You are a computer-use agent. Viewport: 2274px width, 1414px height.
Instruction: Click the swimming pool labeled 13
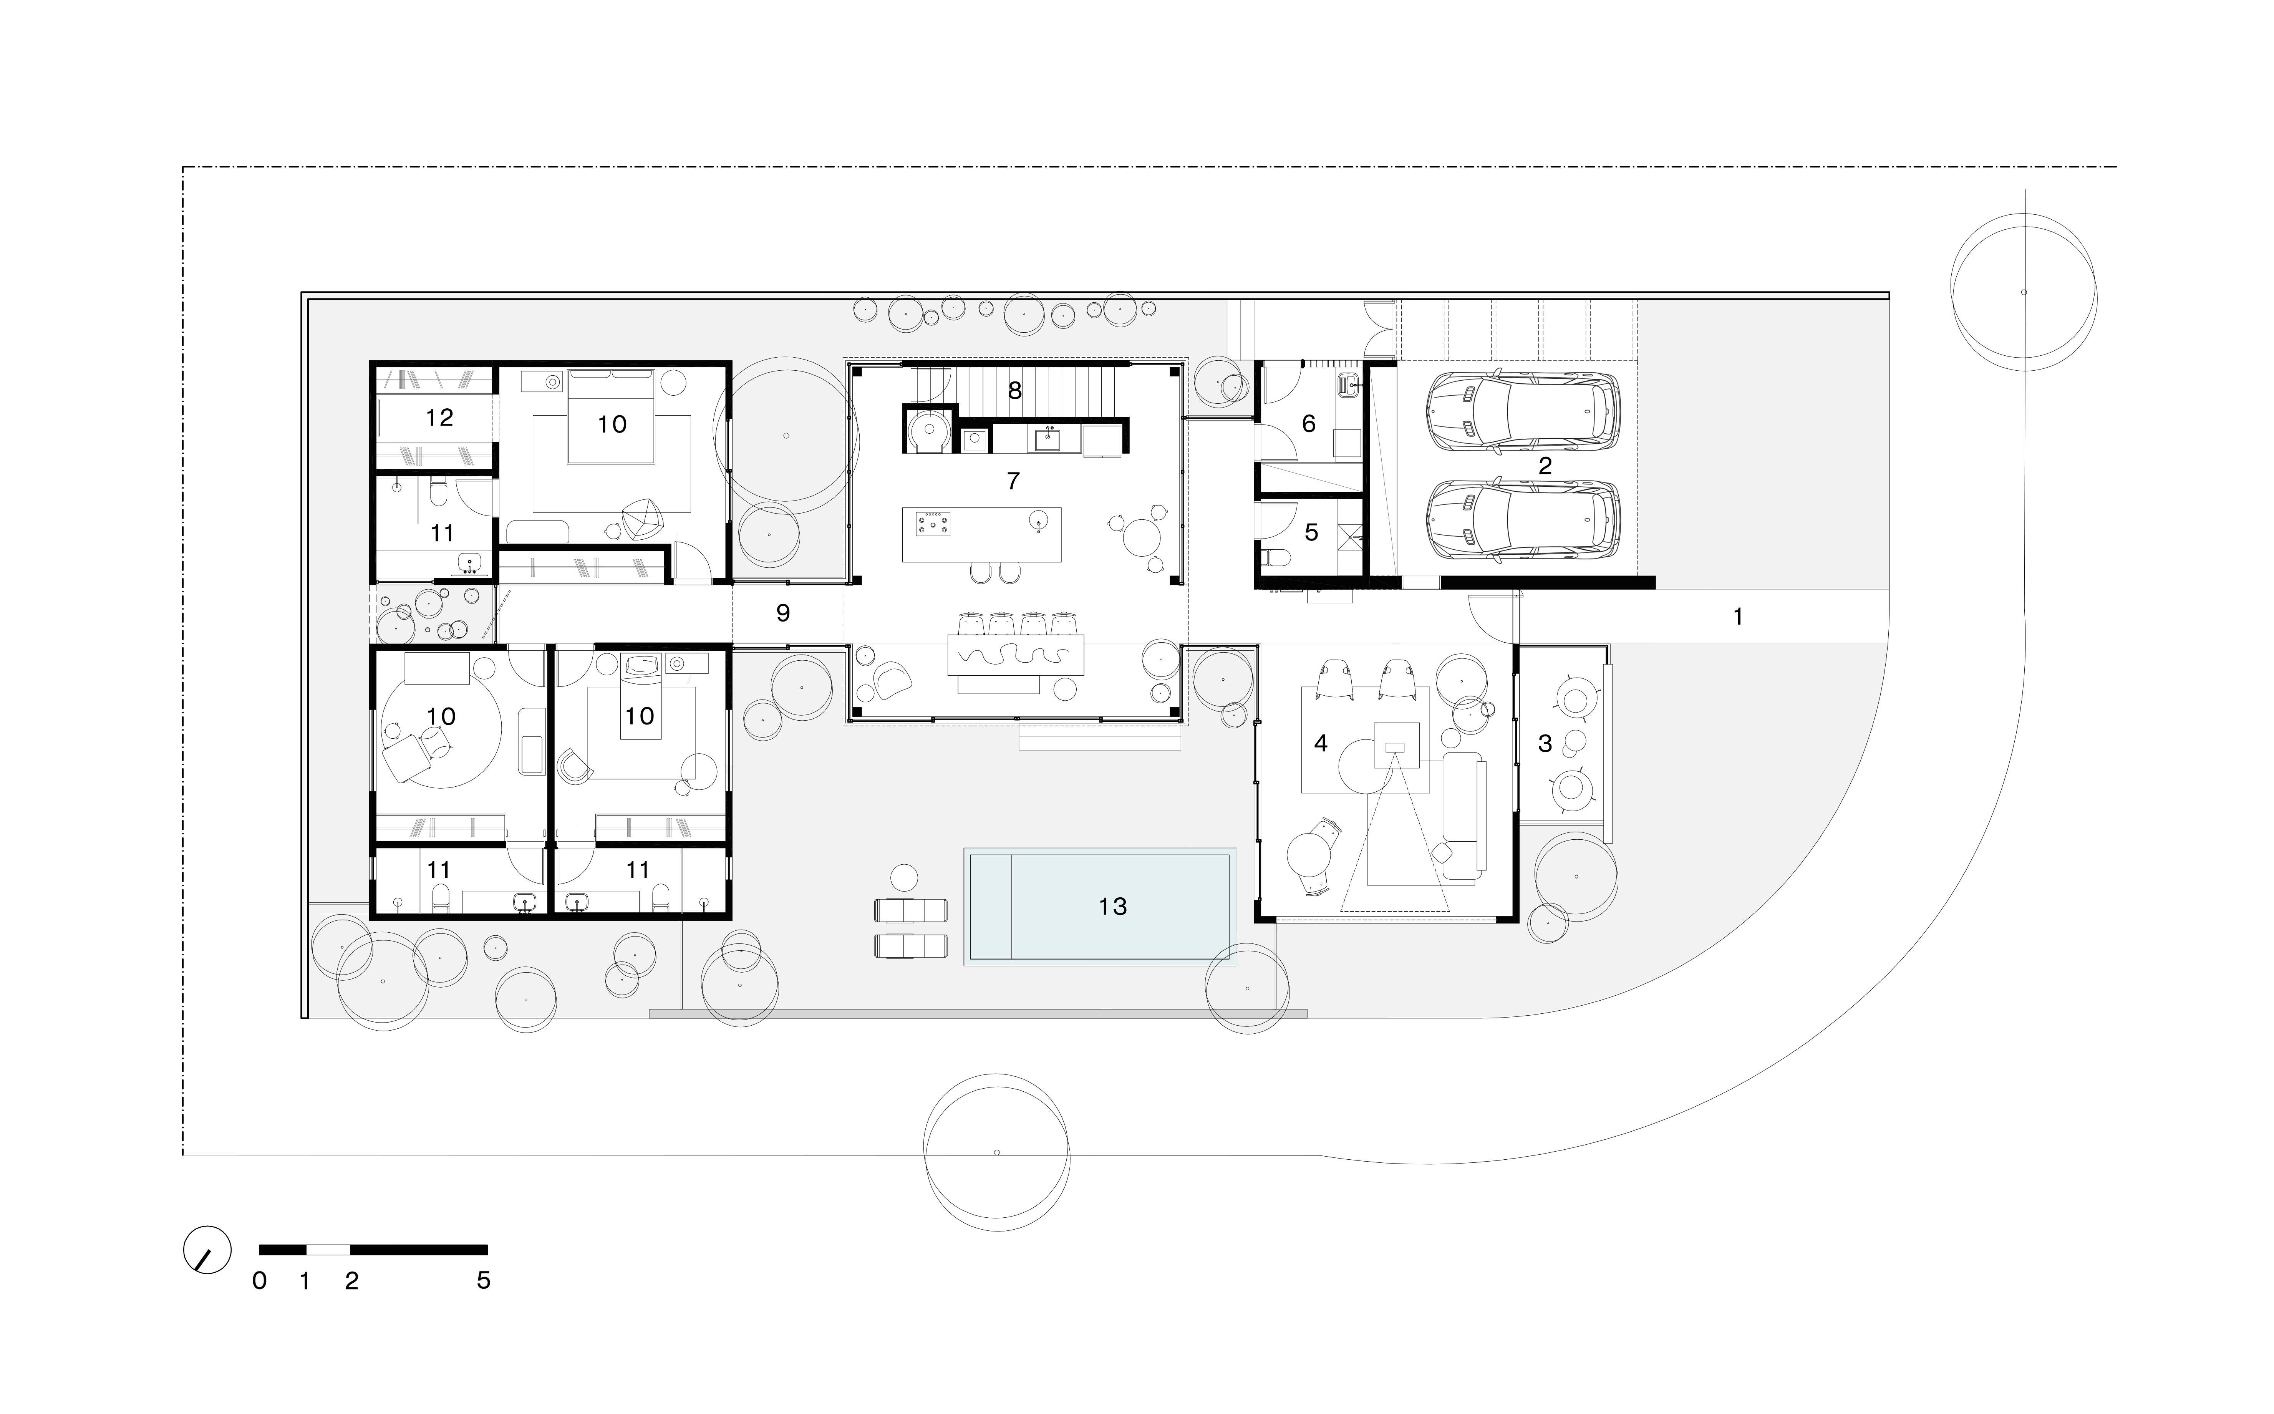(1100, 906)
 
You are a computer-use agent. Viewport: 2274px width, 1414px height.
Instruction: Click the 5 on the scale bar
(483, 1280)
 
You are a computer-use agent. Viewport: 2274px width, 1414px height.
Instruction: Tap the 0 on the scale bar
(259, 1280)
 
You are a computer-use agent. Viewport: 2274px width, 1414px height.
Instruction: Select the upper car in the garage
(1522, 414)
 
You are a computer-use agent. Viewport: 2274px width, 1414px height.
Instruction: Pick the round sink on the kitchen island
(1038, 520)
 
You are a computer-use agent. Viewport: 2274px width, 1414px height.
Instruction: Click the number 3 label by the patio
(1545, 743)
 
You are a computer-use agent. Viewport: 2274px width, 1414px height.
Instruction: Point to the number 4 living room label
(1320, 743)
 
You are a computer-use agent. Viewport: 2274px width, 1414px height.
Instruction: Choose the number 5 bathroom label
(1311, 532)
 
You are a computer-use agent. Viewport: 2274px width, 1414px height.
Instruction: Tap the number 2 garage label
(1545, 465)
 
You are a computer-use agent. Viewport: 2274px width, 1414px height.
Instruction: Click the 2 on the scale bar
(351, 1280)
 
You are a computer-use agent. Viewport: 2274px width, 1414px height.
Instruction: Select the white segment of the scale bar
(328, 1250)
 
